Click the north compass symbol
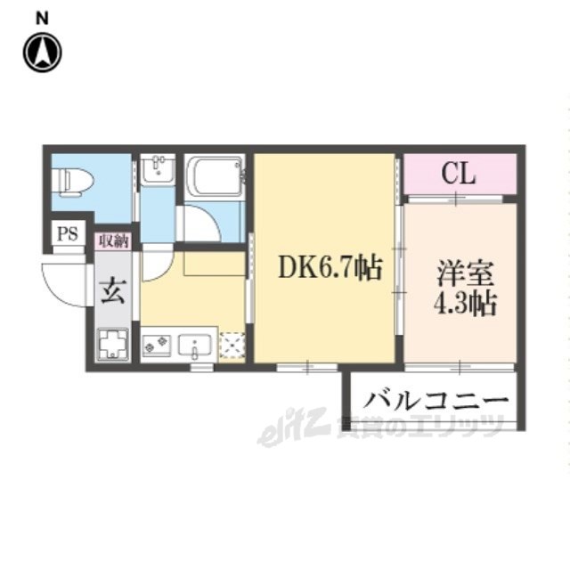click(x=42, y=53)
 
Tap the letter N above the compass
click(x=42, y=16)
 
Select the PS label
click(x=67, y=234)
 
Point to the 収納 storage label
click(x=113, y=240)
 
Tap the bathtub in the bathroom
click(x=215, y=175)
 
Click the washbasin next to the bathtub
click(x=158, y=168)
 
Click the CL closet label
click(x=460, y=173)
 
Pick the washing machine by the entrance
click(x=112, y=344)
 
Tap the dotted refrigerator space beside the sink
click(x=232, y=346)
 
